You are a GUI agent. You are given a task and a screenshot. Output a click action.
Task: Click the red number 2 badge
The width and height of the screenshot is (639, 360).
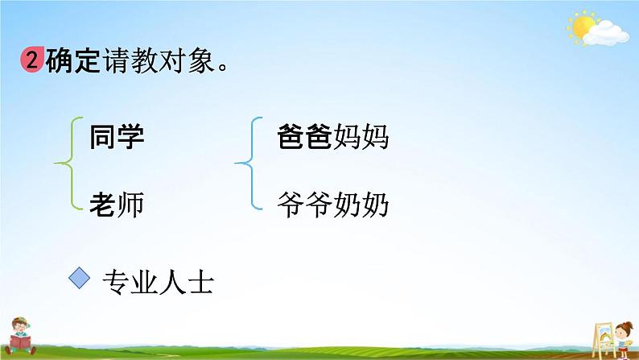pos(32,60)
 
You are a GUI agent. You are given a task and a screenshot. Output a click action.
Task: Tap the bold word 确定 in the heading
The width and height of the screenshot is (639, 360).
pos(73,60)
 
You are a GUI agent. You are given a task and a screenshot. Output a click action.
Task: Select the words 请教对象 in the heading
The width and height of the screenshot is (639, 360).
pos(159,60)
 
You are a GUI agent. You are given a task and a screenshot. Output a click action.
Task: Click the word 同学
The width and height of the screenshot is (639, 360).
pos(117,137)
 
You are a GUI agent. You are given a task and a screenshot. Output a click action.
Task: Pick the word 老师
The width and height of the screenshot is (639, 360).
pos(117,204)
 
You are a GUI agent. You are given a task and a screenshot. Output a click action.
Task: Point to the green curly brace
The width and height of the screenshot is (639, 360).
pos(68,163)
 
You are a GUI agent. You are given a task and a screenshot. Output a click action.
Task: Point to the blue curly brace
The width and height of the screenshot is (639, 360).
pos(249,163)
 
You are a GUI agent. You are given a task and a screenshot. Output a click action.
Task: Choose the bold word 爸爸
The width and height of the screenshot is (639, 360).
pos(304,136)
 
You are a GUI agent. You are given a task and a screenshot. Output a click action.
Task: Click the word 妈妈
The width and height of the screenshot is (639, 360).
pos(361,136)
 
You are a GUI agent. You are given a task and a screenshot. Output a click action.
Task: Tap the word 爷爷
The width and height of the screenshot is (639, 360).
pos(304,204)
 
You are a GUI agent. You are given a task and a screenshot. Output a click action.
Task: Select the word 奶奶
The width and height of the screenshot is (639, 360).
pos(361,204)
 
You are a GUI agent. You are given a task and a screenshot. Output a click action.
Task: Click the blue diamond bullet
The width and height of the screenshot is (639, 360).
pos(80,279)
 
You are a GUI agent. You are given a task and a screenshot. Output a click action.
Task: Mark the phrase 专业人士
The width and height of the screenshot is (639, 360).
pos(158,283)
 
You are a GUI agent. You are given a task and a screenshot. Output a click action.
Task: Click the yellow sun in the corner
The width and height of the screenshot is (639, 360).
pos(583,27)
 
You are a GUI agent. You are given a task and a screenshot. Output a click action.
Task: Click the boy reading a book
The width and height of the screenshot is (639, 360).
pos(20,336)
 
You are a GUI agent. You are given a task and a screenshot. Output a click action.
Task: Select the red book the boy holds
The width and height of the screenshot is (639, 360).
pos(19,341)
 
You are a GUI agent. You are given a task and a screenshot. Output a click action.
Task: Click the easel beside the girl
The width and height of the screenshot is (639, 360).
pos(603,339)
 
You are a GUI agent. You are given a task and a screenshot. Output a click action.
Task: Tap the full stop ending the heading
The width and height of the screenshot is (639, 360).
pos(223,67)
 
